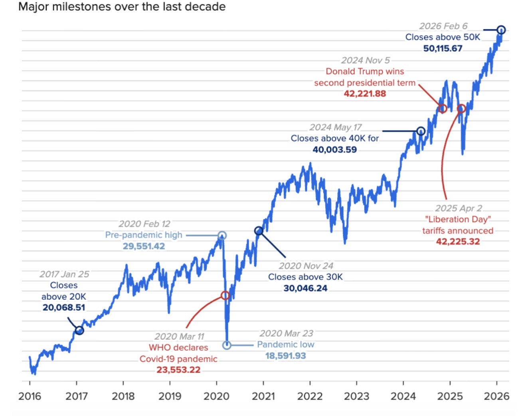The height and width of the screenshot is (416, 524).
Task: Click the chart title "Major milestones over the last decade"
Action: tap(122, 7)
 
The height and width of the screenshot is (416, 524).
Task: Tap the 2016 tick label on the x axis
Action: tap(30, 396)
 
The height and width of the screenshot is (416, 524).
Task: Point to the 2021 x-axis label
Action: tap(263, 396)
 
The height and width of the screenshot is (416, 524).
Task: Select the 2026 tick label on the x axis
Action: tap(496, 396)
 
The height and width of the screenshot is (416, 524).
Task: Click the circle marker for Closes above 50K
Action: tap(501, 30)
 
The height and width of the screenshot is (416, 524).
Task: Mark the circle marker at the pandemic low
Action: tap(227, 345)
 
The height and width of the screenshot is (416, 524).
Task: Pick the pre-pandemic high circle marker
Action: tap(222, 236)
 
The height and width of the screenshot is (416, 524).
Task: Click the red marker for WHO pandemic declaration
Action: tap(225, 295)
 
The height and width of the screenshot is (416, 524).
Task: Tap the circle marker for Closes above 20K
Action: tap(79, 330)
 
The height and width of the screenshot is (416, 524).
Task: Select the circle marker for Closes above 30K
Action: tap(259, 231)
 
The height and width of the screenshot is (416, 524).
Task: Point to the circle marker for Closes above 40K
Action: tap(421, 131)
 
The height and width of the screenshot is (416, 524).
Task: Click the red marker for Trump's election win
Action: tap(442, 108)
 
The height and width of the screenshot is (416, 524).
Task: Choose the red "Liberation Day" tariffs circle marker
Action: tap(461, 108)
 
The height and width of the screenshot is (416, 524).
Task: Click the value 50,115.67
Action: tap(443, 48)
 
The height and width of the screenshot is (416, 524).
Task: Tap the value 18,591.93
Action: tap(285, 356)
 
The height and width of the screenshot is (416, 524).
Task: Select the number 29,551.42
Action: tap(144, 246)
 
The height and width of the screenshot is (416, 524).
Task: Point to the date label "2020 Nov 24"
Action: tap(306, 266)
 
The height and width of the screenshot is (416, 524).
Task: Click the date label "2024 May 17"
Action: tap(335, 127)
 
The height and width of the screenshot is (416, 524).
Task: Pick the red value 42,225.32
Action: tap(458, 242)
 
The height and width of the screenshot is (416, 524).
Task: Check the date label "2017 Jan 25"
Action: tap(64, 274)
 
